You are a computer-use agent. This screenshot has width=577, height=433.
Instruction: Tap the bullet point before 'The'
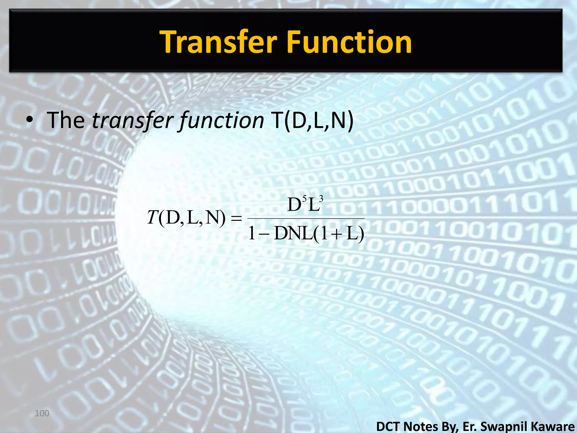click(x=29, y=121)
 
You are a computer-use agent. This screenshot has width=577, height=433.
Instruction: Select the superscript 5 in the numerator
click(x=304, y=199)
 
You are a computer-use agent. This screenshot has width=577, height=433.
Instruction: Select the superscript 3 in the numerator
click(x=321, y=199)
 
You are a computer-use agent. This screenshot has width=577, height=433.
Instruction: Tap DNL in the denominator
click(x=293, y=234)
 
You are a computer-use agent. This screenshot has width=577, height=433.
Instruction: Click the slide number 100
click(x=42, y=414)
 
